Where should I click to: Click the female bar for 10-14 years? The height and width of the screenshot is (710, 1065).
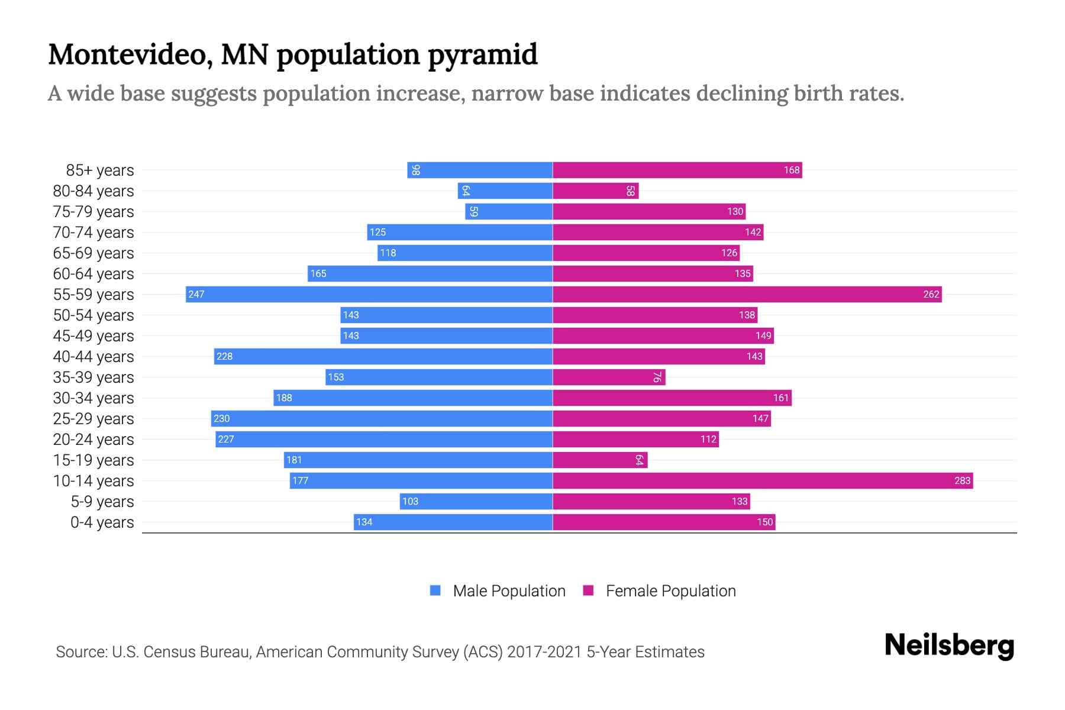763,480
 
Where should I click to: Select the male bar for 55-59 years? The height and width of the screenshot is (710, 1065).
369,294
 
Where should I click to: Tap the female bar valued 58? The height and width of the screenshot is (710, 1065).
595,191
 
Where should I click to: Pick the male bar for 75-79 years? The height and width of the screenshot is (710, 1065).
509,211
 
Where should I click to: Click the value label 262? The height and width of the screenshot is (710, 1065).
931,294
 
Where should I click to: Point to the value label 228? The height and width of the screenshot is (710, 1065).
225,356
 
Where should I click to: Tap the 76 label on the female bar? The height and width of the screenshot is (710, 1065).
657,377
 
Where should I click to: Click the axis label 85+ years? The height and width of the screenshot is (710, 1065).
100,170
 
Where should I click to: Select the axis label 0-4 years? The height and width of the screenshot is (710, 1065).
102,522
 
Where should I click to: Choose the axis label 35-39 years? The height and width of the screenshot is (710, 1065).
93,377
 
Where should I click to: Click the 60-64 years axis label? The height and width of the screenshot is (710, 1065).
93,274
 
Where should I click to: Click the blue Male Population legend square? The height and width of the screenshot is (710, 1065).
435,590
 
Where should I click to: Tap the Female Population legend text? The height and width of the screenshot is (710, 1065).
670,591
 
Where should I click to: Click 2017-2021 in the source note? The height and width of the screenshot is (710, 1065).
544,652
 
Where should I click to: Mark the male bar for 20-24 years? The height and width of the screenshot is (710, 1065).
384,439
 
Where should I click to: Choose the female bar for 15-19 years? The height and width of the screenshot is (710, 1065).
600,460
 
